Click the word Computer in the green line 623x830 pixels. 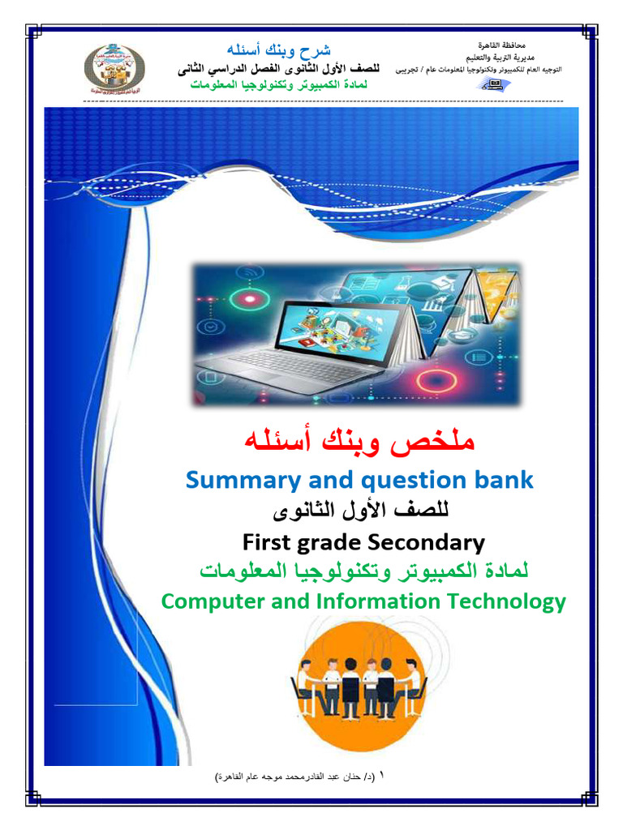[213, 601]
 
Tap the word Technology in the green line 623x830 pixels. [499, 601]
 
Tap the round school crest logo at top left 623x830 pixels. [115, 71]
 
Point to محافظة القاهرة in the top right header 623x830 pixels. [498, 44]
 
